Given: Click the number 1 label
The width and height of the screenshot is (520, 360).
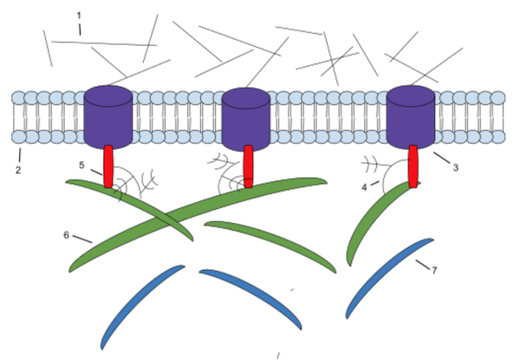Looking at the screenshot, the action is (79, 16).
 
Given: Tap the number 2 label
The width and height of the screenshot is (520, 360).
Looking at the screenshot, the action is (18, 170).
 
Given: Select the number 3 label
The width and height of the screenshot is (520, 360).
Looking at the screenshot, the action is (456, 168).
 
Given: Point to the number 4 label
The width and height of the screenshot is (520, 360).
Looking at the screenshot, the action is (364, 187).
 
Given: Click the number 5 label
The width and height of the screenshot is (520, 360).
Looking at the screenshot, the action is (81, 165).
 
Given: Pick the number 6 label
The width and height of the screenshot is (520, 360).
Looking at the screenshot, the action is (67, 235).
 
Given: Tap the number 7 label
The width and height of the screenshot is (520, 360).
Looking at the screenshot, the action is (434, 271).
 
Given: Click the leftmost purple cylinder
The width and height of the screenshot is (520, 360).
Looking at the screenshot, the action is (108, 117).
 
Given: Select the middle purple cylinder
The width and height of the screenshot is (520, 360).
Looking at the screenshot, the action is (246, 119).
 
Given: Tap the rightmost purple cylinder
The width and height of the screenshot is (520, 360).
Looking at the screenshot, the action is (411, 117).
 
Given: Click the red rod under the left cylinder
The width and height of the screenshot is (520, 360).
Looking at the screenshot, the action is (108, 167).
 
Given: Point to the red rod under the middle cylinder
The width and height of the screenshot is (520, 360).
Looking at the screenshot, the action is (248, 167).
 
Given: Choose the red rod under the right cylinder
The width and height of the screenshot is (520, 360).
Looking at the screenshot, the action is (413, 167).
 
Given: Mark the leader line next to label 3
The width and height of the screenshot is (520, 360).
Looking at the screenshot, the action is (442, 158).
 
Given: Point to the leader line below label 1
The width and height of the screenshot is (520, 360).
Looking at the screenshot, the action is (80, 29).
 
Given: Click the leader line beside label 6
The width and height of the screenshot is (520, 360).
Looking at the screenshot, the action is (82, 239).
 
